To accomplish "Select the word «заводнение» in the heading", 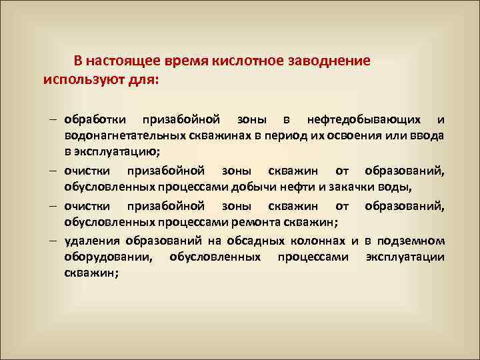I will pyautogui.click(x=329, y=61).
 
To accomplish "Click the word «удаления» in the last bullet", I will pyautogui.click(x=91, y=240).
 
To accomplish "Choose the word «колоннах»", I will pyautogui.click(x=313, y=240).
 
